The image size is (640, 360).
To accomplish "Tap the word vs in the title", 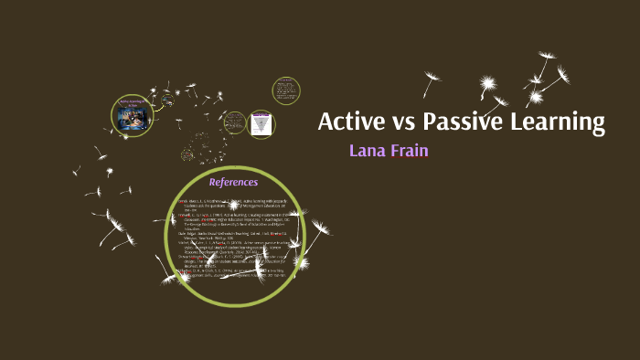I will point(402,122).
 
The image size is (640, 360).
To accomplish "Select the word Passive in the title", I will point(464,122).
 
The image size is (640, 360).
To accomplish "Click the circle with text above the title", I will point(286,91).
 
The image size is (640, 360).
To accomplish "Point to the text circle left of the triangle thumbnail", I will point(235,122).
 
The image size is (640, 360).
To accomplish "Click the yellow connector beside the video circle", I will point(159,107).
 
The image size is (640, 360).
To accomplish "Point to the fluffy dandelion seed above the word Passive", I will point(489,87).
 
